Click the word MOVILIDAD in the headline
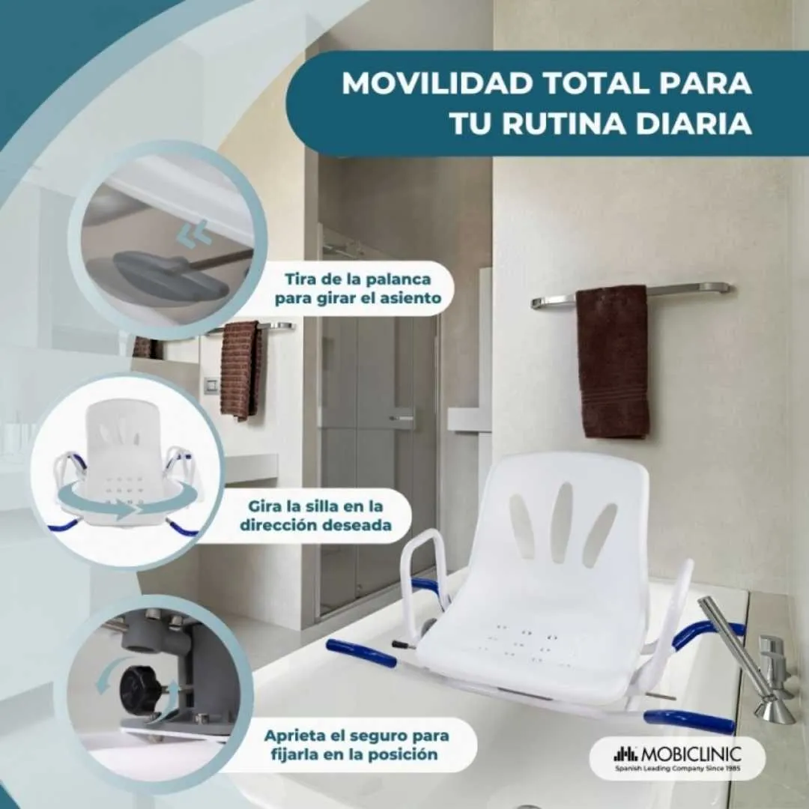coord(437,83)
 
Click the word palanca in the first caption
coord(398,279)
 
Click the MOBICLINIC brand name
coord(691,754)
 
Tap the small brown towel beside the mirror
coord(241,369)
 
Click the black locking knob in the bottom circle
coord(139,687)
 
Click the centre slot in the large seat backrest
coord(560,522)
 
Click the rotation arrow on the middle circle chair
coord(127,504)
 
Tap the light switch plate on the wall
coord(210,385)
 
